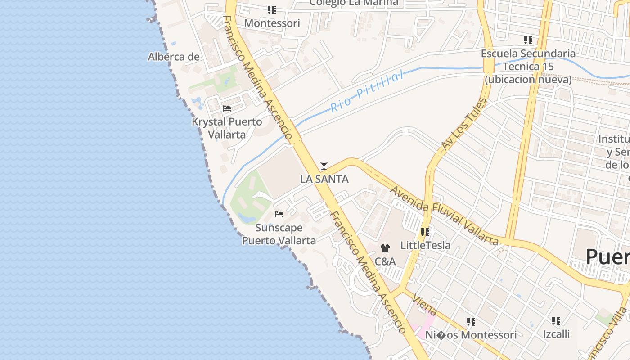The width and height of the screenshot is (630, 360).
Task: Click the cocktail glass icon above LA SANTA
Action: pos(324,166)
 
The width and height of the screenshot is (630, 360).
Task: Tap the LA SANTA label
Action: pos(324,179)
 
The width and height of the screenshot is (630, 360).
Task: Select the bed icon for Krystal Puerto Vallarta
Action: pos(227,108)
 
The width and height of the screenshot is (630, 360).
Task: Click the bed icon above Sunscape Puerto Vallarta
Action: pos(279,214)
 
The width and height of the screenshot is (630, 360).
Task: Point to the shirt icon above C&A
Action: pos(385,248)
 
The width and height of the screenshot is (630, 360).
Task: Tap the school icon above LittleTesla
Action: pos(425,232)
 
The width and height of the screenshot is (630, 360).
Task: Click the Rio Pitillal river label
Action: pos(367,93)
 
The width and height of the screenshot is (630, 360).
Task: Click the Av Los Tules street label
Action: pos(464,124)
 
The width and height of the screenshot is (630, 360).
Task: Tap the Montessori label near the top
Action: pos(272,23)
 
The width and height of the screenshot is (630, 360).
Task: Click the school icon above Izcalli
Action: pos(556,321)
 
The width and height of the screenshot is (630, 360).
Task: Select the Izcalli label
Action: pos(556,334)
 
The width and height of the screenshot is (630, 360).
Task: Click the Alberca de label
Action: pos(174,57)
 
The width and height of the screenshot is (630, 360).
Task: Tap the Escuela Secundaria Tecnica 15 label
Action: pos(528,67)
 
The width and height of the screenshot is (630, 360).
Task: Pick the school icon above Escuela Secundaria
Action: pos(528,40)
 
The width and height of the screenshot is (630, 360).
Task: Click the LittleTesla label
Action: pos(425,245)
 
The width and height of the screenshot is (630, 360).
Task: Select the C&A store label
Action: pos(385,261)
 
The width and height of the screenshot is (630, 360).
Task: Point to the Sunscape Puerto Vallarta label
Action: pos(279,234)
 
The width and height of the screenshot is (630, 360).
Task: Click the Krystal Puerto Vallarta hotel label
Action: pos(227,128)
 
